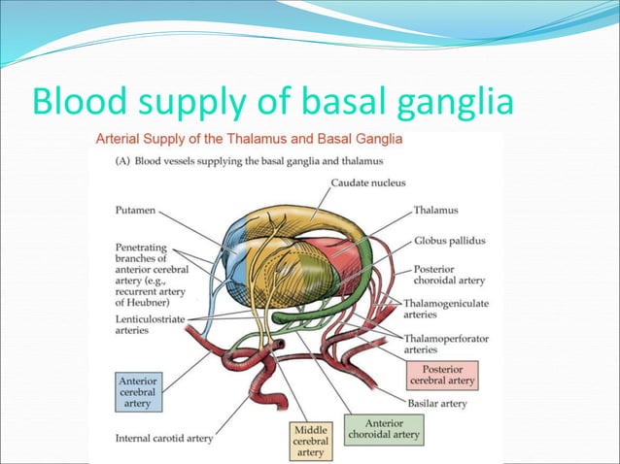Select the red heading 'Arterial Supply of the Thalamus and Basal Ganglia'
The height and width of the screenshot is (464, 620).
coord(248,139)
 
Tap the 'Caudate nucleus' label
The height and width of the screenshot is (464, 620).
coord(368,182)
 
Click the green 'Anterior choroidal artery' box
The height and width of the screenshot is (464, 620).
coord(385,429)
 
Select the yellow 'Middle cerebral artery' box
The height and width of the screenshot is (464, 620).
coord(310,439)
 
